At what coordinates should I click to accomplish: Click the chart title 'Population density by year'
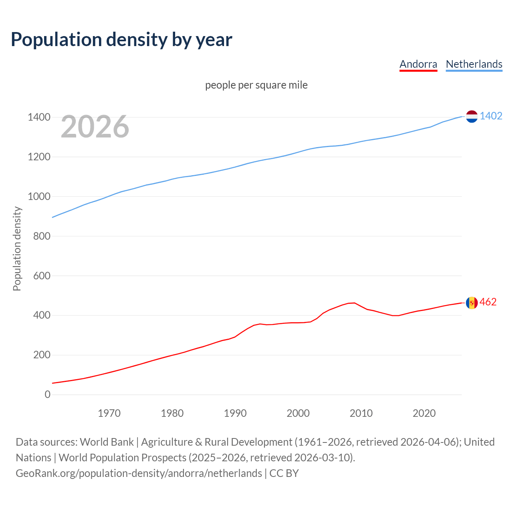pos(121,39)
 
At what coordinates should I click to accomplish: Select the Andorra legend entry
pos(418,64)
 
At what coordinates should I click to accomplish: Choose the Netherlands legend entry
pos(474,64)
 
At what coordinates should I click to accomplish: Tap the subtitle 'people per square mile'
pos(256,85)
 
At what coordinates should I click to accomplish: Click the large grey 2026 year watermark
pos(95,127)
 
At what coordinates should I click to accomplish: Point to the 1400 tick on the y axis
pos(39,117)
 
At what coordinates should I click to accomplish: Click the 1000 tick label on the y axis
pos(39,196)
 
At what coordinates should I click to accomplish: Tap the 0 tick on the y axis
pos(48,395)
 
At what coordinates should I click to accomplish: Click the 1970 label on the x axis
pos(109,413)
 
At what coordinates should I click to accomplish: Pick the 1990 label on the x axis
pos(235,413)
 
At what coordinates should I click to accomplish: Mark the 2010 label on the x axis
pos(361,413)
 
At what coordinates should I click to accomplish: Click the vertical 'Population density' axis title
pos(17,248)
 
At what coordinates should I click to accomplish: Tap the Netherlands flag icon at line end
pos(472,116)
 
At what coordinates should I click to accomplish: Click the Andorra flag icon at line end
pos(472,303)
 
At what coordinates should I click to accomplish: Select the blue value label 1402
pos(491,116)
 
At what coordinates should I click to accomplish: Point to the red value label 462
pos(488,302)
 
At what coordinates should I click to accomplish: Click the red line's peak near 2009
pos(354,303)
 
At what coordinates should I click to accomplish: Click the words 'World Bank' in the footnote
pos(107,442)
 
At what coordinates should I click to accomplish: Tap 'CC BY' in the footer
pos(284,473)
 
